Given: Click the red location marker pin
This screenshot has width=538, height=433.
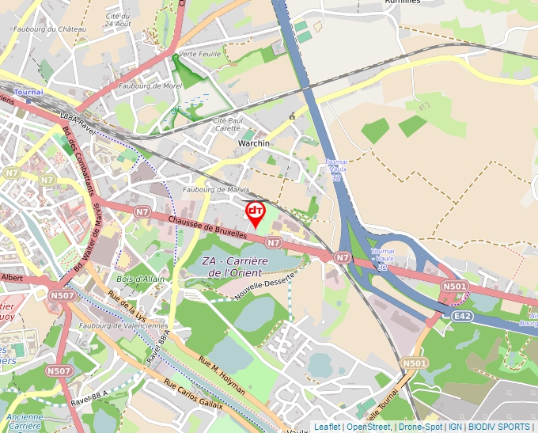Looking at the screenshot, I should click(x=256, y=212).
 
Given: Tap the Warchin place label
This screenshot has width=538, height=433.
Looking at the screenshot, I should click(x=254, y=143).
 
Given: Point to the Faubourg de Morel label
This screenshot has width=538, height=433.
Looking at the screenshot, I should click(x=150, y=85).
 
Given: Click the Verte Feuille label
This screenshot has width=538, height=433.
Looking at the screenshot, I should click(x=199, y=54).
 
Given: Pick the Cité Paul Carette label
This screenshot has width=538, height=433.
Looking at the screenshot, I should click(x=226, y=123).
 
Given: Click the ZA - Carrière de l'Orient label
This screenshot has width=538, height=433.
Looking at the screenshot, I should click(x=235, y=267).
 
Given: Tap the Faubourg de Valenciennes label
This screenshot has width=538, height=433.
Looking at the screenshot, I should click(x=123, y=325).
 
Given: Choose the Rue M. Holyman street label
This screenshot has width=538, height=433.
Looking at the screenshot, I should click(x=222, y=376).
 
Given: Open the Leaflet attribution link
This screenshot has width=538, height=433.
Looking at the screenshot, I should click(x=327, y=427).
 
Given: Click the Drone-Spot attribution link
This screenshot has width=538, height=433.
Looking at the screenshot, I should click(x=419, y=427).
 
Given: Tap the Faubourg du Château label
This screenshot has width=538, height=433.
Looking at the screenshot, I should click(x=49, y=29).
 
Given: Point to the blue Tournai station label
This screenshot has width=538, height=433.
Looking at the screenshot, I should click(x=28, y=93).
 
